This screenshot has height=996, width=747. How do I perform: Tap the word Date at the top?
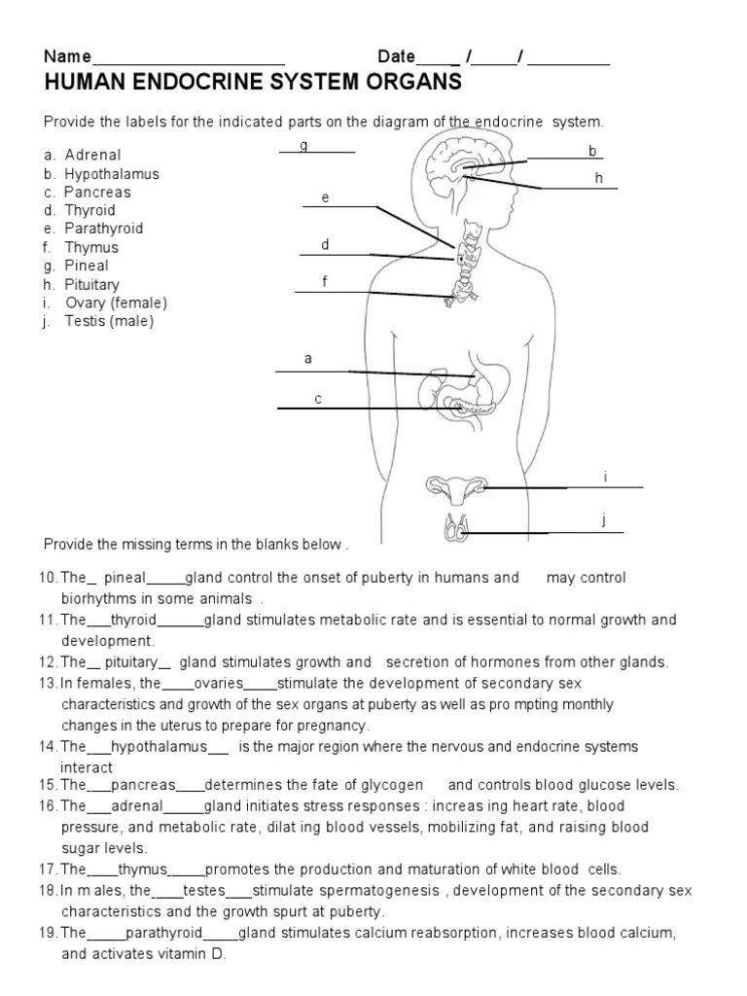point(396,56)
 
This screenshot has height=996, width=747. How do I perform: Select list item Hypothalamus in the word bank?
point(112,174)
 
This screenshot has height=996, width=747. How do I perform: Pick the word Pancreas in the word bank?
point(97,193)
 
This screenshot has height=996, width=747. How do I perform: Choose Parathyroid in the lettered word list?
point(104,229)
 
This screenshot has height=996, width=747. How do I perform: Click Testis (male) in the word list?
point(109,321)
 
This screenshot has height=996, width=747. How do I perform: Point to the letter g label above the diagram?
point(304,145)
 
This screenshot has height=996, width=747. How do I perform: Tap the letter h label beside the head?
point(599,178)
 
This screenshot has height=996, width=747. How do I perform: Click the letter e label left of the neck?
point(326,198)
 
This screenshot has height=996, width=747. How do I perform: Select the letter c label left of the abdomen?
point(318,399)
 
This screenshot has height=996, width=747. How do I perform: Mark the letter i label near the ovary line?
point(605,477)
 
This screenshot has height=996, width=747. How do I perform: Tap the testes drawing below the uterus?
point(455,529)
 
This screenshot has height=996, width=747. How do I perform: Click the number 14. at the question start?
point(49,747)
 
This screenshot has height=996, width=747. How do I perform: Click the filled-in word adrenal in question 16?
point(136,806)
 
